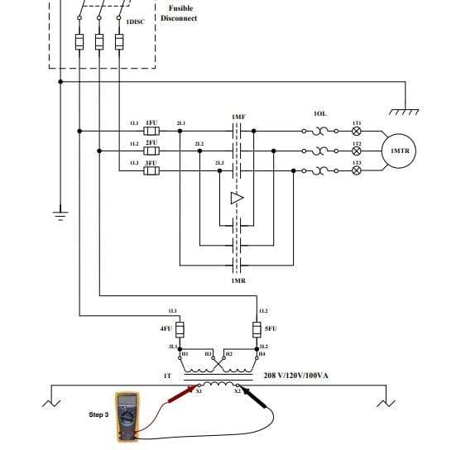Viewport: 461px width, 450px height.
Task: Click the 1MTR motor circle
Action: coord(401,151)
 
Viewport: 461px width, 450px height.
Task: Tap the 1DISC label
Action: coord(135,21)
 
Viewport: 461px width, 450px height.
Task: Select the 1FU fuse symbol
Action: coord(151,131)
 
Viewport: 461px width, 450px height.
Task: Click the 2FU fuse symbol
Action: coord(151,151)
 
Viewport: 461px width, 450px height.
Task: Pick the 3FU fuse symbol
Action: coord(151,171)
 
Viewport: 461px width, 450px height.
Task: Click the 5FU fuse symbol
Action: coord(257,328)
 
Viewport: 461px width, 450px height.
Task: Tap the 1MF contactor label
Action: coord(238,117)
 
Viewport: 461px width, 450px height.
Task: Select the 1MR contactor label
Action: coord(238,280)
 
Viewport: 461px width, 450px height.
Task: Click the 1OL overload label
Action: coord(320,112)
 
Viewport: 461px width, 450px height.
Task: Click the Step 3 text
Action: coord(98,414)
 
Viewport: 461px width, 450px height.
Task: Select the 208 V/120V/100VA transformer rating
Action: coord(295,375)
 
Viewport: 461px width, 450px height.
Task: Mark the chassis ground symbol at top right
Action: coord(404,111)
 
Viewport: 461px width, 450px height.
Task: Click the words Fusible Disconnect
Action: coord(182,13)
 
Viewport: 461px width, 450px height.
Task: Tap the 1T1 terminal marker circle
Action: coord(356,131)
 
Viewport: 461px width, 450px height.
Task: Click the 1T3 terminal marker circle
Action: coord(356,171)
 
